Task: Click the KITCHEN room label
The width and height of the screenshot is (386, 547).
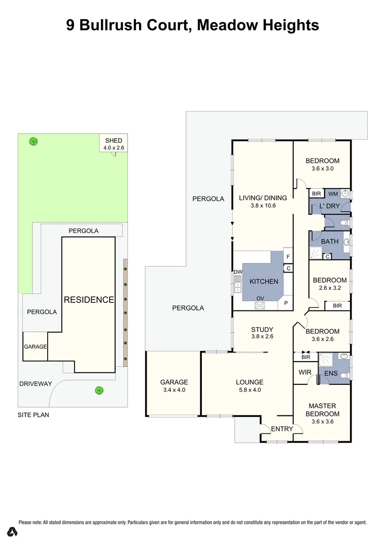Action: [x=263, y=282]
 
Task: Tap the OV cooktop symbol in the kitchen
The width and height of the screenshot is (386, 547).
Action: [x=260, y=305]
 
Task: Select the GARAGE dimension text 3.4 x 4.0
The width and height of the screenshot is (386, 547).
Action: [x=174, y=390]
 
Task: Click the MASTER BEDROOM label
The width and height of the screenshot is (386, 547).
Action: [x=322, y=410]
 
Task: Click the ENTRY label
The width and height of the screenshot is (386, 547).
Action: [x=282, y=429]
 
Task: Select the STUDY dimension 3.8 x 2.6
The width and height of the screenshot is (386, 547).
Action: [x=262, y=337]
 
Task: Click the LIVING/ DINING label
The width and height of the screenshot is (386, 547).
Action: [x=263, y=198]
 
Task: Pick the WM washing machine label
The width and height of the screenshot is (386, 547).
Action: [x=333, y=193]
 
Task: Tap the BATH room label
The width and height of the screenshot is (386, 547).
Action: [x=329, y=242]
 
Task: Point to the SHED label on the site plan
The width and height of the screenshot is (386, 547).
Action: [x=114, y=140]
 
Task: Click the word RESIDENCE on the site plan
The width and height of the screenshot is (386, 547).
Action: [x=89, y=300]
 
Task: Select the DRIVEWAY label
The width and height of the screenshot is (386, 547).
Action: [x=35, y=384]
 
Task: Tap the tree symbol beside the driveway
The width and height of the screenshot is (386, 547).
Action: [x=99, y=390]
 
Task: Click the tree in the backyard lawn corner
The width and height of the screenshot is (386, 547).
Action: [x=33, y=141]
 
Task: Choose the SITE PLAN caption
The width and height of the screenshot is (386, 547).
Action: [x=33, y=415]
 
